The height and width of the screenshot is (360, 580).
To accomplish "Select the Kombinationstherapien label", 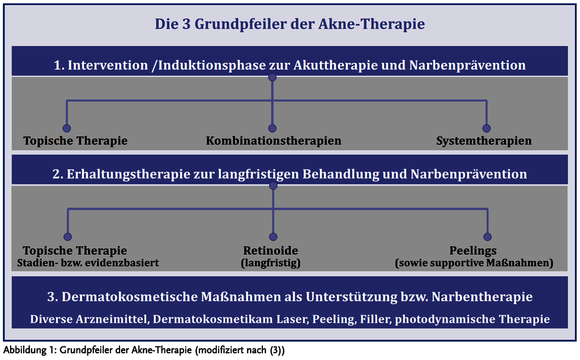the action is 274,141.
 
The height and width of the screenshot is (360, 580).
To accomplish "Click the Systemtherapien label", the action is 484,141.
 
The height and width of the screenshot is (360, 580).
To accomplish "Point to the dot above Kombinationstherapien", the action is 272,128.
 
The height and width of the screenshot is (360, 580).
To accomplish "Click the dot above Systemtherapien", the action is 487,128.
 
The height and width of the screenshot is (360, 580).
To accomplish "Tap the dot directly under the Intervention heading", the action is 272,77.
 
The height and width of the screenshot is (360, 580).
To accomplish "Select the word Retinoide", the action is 271,251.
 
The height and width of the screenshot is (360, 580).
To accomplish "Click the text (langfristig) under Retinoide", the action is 271,263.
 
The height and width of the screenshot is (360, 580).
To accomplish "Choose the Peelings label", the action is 473,251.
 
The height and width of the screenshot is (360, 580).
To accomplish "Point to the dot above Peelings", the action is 488,237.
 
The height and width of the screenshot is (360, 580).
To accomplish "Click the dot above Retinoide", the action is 273,237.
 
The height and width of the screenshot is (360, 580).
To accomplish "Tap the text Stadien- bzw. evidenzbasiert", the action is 88,263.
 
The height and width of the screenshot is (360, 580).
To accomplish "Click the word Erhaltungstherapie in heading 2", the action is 129,174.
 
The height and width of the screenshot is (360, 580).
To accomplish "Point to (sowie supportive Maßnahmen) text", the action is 474,263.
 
